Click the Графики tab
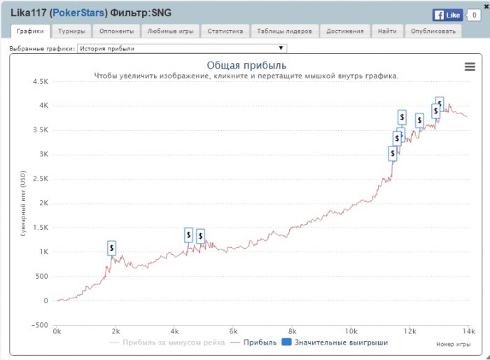(30, 32)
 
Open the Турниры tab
(71, 32)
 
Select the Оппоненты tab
(116, 32)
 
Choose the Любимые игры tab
(170, 32)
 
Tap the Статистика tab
(225, 32)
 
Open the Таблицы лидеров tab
(284, 32)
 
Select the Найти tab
(386, 32)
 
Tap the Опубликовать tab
(433, 32)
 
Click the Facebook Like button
(447, 15)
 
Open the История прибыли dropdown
(181, 48)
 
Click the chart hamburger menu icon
(470, 66)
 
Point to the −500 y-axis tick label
(38, 325)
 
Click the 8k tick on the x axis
(293, 331)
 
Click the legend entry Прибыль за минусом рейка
(167, 342)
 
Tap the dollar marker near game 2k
(111, 248)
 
